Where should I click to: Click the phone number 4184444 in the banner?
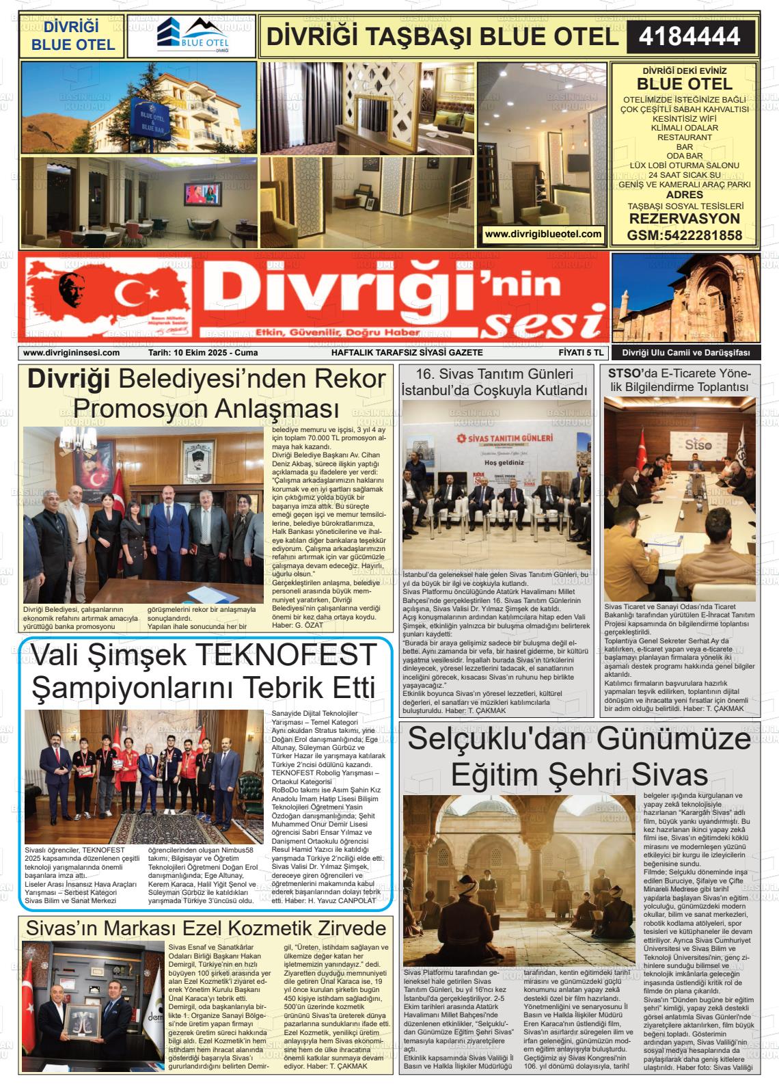(x=690, y=36)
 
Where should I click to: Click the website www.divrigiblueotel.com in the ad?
(x=543, y=234)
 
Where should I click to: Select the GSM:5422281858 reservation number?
(x=684, y=236)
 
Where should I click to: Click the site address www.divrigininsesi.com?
(x=71, y=353)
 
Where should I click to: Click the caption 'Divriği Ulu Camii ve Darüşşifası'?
(x=685, y=353)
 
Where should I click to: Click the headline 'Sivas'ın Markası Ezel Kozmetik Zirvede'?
(x=206, y=928)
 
